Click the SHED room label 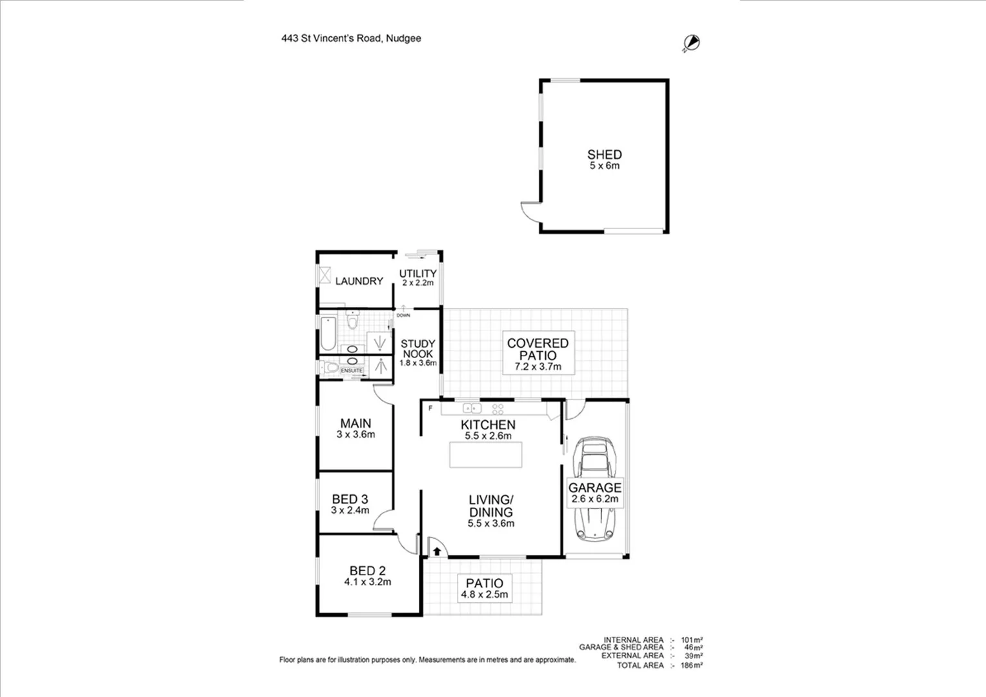click(x=604, y=155)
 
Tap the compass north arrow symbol click(x=691, y=43)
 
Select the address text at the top click(x=351, y=38)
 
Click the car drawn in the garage click(x=594, y=488)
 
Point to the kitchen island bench click(x=486, y=454)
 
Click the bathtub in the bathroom click(x=328, y=332)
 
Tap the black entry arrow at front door click(x=438, y=551)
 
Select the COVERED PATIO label click(x=538, y=349)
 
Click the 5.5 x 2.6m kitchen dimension click(x=488, y=436)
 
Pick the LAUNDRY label click(x=359, y=281)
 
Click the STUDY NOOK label click(x=418, y=348)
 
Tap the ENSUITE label click(x=352, y=370)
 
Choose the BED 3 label click(x=350, y=499)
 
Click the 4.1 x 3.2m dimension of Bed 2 click(x=367, y=582)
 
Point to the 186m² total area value click(x=691, y=665)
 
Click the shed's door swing click(x=530, y=211)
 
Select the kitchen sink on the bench click(x=472, y=408)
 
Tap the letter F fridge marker click(x=430, y=409)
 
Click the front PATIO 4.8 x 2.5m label click(x=485, y=588)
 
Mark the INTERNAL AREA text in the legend click(x=633, y=640)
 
